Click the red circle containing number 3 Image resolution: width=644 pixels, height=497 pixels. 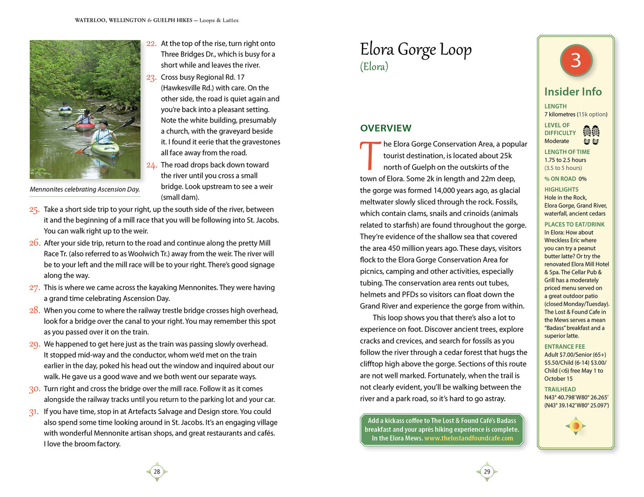576,61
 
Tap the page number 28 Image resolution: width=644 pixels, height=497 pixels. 157,471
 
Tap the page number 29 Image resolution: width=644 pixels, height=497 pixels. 487,471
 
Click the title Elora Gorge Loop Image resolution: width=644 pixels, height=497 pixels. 416,49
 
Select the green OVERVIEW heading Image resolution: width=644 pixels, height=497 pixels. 385,128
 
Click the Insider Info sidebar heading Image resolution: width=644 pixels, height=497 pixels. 573,91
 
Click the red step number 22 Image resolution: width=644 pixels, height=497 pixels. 151,44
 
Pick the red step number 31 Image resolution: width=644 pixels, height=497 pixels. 34,412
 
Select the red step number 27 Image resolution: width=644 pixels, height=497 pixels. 34,288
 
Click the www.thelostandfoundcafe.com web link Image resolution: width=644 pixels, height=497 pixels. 468,438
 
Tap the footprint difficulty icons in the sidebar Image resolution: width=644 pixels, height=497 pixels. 591,135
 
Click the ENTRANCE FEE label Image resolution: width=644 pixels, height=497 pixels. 565,347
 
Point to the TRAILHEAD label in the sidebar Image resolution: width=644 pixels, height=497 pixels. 560,389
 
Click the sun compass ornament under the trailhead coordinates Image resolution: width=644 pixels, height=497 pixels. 576,426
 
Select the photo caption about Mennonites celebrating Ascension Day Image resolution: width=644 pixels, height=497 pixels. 85,189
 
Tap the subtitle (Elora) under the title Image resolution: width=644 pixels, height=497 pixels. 374,67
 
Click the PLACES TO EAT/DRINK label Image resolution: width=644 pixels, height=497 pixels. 574,225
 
